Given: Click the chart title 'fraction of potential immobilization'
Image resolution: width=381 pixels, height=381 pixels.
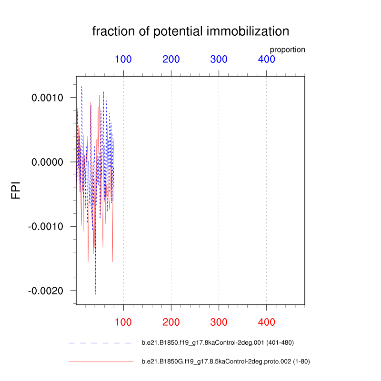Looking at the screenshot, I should click(x=190, y=32).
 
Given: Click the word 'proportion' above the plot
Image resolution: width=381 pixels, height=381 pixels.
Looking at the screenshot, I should click(x=287, y=50).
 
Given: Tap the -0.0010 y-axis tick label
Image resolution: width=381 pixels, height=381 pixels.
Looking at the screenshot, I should click(x=47, y=226).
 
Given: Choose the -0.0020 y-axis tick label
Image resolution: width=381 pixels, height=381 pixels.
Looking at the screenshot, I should click(x=47, y=291).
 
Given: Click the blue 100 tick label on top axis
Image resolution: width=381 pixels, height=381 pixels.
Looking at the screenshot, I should click(x=123, y=60).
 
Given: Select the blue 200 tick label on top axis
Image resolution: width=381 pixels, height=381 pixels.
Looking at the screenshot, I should click(x=171, y=60).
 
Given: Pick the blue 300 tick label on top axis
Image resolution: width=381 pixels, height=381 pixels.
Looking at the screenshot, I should click(x=219, y=60).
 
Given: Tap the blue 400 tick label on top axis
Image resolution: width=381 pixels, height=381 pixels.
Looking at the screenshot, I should click(x=266, y=60).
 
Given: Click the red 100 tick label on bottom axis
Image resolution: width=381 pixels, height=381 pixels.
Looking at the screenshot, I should click(x=123, y=322).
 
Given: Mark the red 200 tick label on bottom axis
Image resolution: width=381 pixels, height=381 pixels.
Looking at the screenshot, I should click(x=171, y=322).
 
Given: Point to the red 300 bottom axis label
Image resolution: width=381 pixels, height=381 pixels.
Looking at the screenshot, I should click(x=219, y=322).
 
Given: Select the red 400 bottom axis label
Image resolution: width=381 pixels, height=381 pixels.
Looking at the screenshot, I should click(x=266, y=322).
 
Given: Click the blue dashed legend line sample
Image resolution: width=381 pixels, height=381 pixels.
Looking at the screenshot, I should click(x=100, y=343).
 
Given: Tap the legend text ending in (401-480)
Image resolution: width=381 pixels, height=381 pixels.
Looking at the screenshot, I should click(x=221, y=343).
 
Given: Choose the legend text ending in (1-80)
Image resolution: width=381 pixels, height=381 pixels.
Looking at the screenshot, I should click(x=226, y=362).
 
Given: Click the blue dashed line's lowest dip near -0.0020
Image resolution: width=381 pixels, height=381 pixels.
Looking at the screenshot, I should click(x=95, y=294).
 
